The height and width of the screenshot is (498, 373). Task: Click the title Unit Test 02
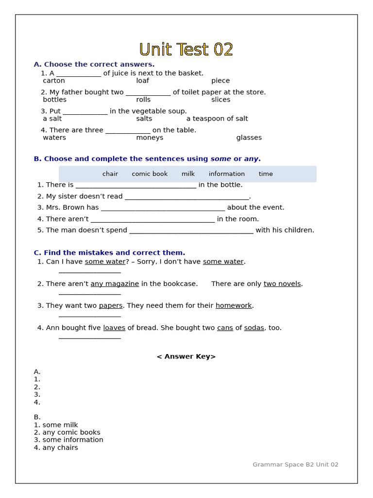pyautogui.click(x=186, y=49)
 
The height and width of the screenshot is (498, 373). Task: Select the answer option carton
pyautogui.click(x=53, y=81)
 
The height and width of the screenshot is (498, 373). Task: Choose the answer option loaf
pyautogui.click(x=142, y=81)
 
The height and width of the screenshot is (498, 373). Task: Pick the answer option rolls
pyautogui.click(x=143, y=100)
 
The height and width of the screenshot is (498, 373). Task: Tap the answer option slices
pyautogui.click(x=220, y=100)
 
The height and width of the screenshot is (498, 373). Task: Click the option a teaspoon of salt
pyautogui.click(x=217, y=119)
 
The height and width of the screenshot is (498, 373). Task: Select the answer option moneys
pyautogui.click(x=150, y=138)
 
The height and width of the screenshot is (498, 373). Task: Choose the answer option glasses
pyautogui.click(x=249, y=138)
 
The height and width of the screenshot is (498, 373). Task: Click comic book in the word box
pyautogui.click(x=150, y=174)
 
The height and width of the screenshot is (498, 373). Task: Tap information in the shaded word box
pyautogui.click(x=226, y=174)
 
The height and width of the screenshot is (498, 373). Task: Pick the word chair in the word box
pyautogui.click(x=110, y=174)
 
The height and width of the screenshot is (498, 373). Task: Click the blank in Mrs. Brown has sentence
pyautogui.click(x=163, y=208)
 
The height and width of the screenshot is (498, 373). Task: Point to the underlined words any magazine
pyautogui.click(x=115, y=284)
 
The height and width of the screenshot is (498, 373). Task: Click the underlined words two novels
pyautogui.click(x=282, y=284)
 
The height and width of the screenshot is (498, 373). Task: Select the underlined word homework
pyautogui.click(x=234, y=306)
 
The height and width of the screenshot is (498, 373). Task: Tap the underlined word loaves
pyautogui.click(x=114, y=328)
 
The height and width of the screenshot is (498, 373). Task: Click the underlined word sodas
pyautogui.click(x=254, y=328)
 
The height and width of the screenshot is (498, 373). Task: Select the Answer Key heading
pyautogui.click(x=186, y=356)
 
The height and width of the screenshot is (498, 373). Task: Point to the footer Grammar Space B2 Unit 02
pyautogui.click(x=295, y=464)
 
